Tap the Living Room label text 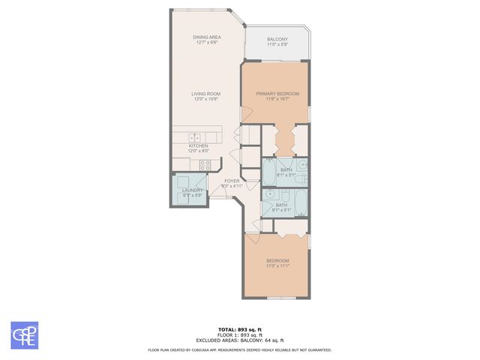(x=206, y=94)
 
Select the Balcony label (x=277, y=40)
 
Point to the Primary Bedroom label (x=277, y=94)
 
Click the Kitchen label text (x=198, y=146)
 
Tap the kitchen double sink (x=196, y=137)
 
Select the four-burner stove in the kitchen (x=205, y=166)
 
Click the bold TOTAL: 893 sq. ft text (x=240, y=329)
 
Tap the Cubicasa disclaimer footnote (x=240, y=349)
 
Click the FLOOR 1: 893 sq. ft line (x=240, y=334)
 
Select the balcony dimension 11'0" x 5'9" (x=277, y=44)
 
